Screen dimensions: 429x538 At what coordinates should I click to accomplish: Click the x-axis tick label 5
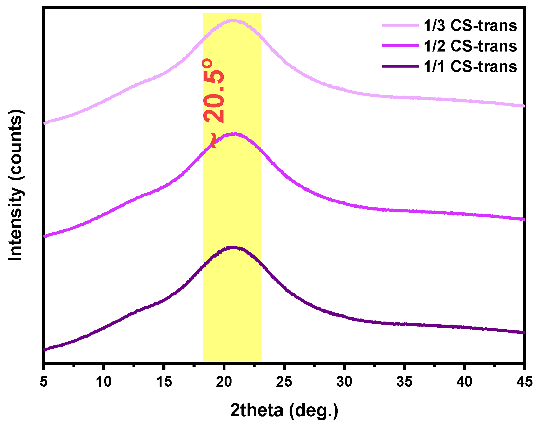[x=44, y=382]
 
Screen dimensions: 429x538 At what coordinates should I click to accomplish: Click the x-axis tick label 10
[x=103, y=382]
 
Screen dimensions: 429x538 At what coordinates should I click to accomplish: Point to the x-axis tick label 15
[x=164, y=382]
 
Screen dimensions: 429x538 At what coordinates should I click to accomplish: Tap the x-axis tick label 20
[x=224, y=382]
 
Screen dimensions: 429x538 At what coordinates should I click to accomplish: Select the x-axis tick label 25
[x=284, y=382]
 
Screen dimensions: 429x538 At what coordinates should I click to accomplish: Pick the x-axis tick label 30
[x=344, y=382]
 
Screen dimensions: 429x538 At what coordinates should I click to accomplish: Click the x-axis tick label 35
[x=404, y=382]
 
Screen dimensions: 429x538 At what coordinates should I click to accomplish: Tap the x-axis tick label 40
[x=464, y=382]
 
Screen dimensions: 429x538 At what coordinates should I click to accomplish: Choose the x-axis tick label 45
[x=524, y=382]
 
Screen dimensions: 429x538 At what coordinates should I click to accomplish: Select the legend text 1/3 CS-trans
[x=470, y=26]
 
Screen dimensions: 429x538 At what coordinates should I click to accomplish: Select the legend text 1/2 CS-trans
[x=470, y=46]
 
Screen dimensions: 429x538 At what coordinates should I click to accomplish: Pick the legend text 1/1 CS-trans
[x=470, y=66]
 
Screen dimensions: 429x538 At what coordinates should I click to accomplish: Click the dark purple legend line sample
[x=400, y=66]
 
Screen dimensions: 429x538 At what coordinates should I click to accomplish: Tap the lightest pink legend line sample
[x=400, y=25]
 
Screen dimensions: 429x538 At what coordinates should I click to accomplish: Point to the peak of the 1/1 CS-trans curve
[x=233, y=247]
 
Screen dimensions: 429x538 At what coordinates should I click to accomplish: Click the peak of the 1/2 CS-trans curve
[x=233, y=134]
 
